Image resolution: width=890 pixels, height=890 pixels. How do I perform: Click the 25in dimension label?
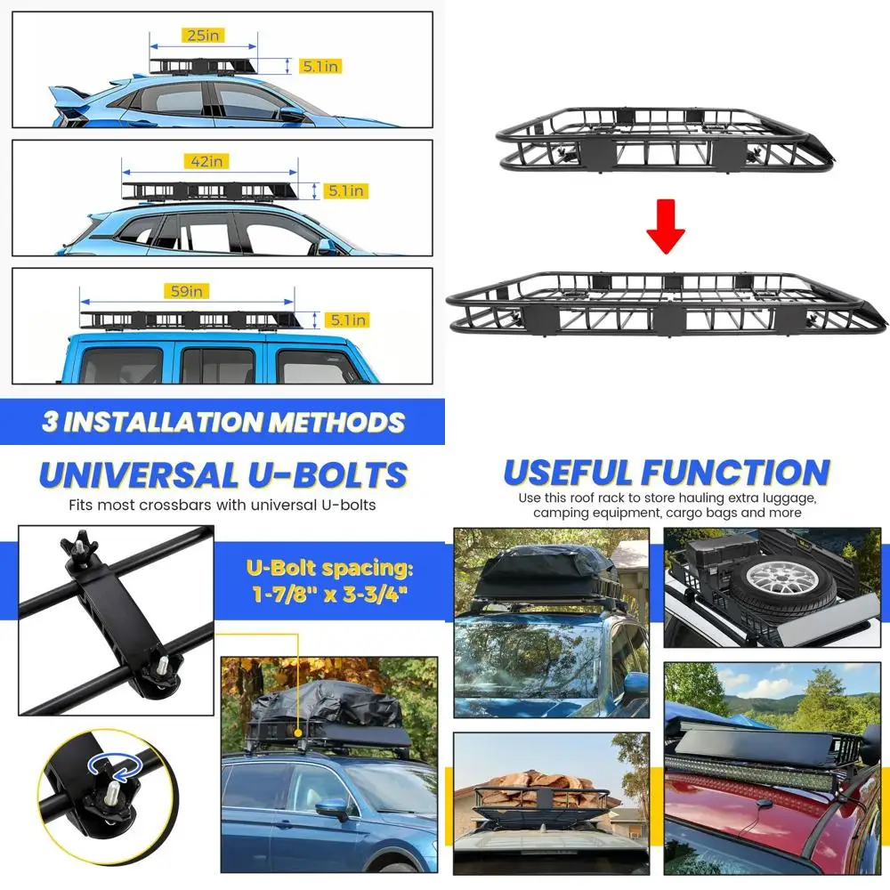tap(203, 36)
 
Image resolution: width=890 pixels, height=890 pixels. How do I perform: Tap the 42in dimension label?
tap(206, 161)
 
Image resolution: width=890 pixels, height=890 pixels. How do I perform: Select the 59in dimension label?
tap(187, 291)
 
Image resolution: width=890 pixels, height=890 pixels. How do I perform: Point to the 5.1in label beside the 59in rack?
tap(348, 320)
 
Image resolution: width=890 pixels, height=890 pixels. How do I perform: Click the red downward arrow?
tap(666, 226)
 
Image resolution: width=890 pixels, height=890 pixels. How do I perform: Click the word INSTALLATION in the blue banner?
tap(162, 422)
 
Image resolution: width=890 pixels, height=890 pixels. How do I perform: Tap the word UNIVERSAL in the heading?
tap(139, 475)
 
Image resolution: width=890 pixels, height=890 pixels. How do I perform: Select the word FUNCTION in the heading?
tap(736, 473)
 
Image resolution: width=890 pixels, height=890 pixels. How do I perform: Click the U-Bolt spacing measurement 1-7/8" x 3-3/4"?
tap(330, 595)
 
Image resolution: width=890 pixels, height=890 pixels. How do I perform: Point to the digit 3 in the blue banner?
tap(51, 422)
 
